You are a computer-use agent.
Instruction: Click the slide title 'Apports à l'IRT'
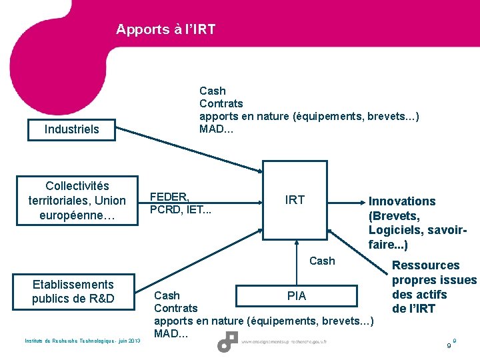165,29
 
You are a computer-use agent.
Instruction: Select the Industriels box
71,129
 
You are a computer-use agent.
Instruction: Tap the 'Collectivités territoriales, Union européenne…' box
77,201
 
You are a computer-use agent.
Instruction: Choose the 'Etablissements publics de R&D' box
73,291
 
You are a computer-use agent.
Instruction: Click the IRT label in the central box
295,200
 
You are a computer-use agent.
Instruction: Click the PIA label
297,295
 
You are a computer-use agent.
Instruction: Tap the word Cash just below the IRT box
322,261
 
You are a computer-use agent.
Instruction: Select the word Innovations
402,201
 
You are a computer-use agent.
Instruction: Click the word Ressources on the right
425,265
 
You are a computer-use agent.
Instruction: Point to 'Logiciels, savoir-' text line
417,230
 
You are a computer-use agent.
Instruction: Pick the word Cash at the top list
213,91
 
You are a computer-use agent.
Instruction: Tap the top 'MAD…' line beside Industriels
217,129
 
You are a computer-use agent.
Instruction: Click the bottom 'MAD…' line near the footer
171,333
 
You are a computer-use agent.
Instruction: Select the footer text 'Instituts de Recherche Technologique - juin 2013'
82,341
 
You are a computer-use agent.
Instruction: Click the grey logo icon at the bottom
227,342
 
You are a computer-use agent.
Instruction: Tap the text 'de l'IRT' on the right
413,309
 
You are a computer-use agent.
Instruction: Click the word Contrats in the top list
221,103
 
